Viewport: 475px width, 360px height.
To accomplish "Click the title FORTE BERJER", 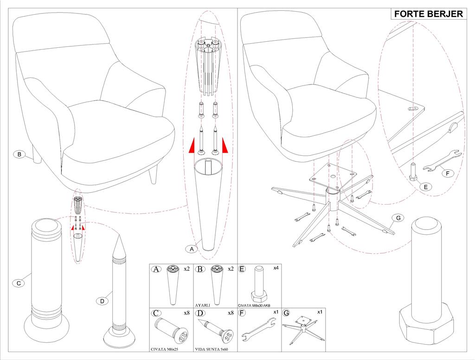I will (428, 14).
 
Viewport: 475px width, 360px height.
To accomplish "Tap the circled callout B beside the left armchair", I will (19, 154).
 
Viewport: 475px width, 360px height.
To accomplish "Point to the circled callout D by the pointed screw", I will (102, 301).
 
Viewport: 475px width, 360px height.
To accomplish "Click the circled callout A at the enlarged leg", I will (191, 249).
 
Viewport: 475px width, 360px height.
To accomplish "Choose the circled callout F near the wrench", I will (447, 174).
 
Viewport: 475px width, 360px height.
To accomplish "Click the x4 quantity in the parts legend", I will (276, 268).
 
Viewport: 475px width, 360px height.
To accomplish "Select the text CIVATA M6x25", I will (164, 349).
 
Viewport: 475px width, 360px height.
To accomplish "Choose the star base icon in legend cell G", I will (303, 326).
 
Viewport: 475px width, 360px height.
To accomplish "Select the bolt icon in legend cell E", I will (259, 283).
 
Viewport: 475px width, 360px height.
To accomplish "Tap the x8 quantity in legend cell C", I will (186, 313).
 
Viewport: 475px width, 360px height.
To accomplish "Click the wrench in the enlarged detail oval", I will (443, 161).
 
